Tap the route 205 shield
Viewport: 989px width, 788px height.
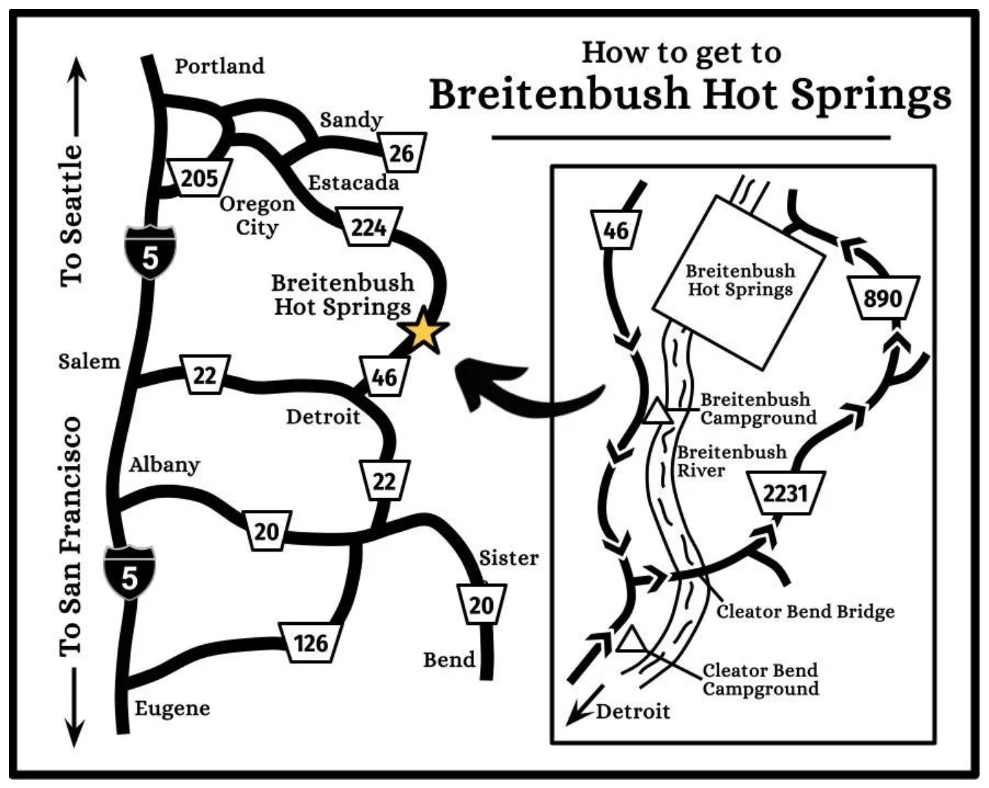pos(199,178)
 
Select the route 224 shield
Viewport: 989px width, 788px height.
pos(370,227)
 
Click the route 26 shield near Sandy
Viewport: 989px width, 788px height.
pos(402,152)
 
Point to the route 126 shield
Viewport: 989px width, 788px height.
pos(311,643)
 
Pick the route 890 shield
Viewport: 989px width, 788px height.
pos(882,298)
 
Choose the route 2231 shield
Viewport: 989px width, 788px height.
pos(786,493)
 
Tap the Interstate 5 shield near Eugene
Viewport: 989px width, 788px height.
pos(129,573)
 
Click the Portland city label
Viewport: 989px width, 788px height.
pos(219,66)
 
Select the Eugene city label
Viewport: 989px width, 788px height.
pos(172,708)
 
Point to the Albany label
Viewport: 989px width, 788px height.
pos(164,465)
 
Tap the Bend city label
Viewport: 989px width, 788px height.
pos(449,659)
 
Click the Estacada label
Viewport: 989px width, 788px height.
pos(353,182)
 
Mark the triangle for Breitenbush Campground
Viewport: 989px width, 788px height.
pos(658,413)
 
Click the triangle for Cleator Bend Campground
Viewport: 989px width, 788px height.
pos(631,640)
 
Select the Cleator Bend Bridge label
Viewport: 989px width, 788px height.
pos(805,611)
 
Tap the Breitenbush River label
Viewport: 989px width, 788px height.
pos(731,461)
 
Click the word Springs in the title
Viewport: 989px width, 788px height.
pos(871,95)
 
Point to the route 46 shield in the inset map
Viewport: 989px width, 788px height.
pos(616,230)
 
